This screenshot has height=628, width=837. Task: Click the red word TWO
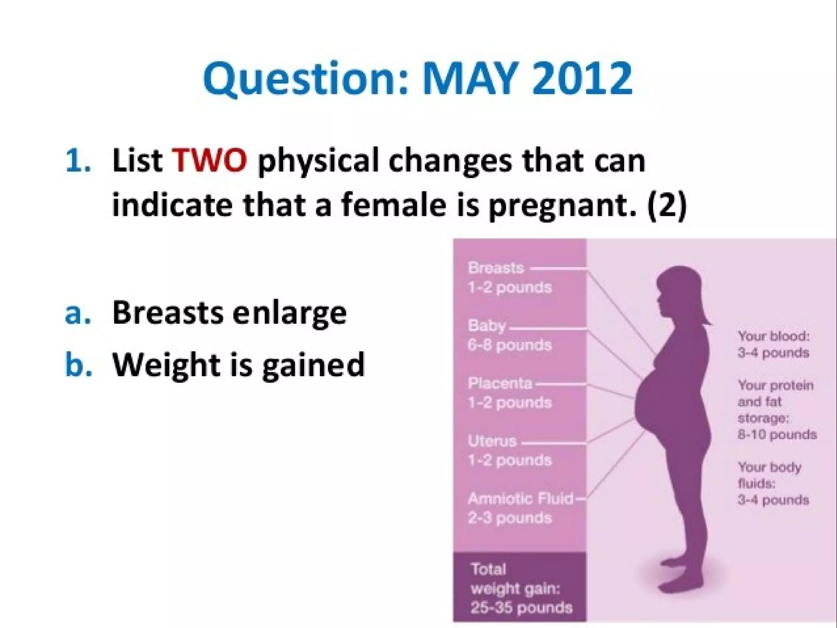(x=209, y=160)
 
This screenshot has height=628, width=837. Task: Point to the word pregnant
(x=563, y=205)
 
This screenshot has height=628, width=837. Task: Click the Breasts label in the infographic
(x=496, y=268)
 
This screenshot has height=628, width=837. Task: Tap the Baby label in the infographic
(x=487, y=326)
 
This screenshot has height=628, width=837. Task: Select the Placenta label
(x=500, y=383)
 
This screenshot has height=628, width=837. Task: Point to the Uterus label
(x=492, y=441)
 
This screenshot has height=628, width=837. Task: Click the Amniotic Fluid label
(x=521, y=498)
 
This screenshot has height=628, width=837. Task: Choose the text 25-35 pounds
(x=521, y=608)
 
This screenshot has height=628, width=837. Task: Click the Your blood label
(x=773, y=336)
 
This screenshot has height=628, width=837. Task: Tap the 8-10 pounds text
(x=777, y=434)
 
